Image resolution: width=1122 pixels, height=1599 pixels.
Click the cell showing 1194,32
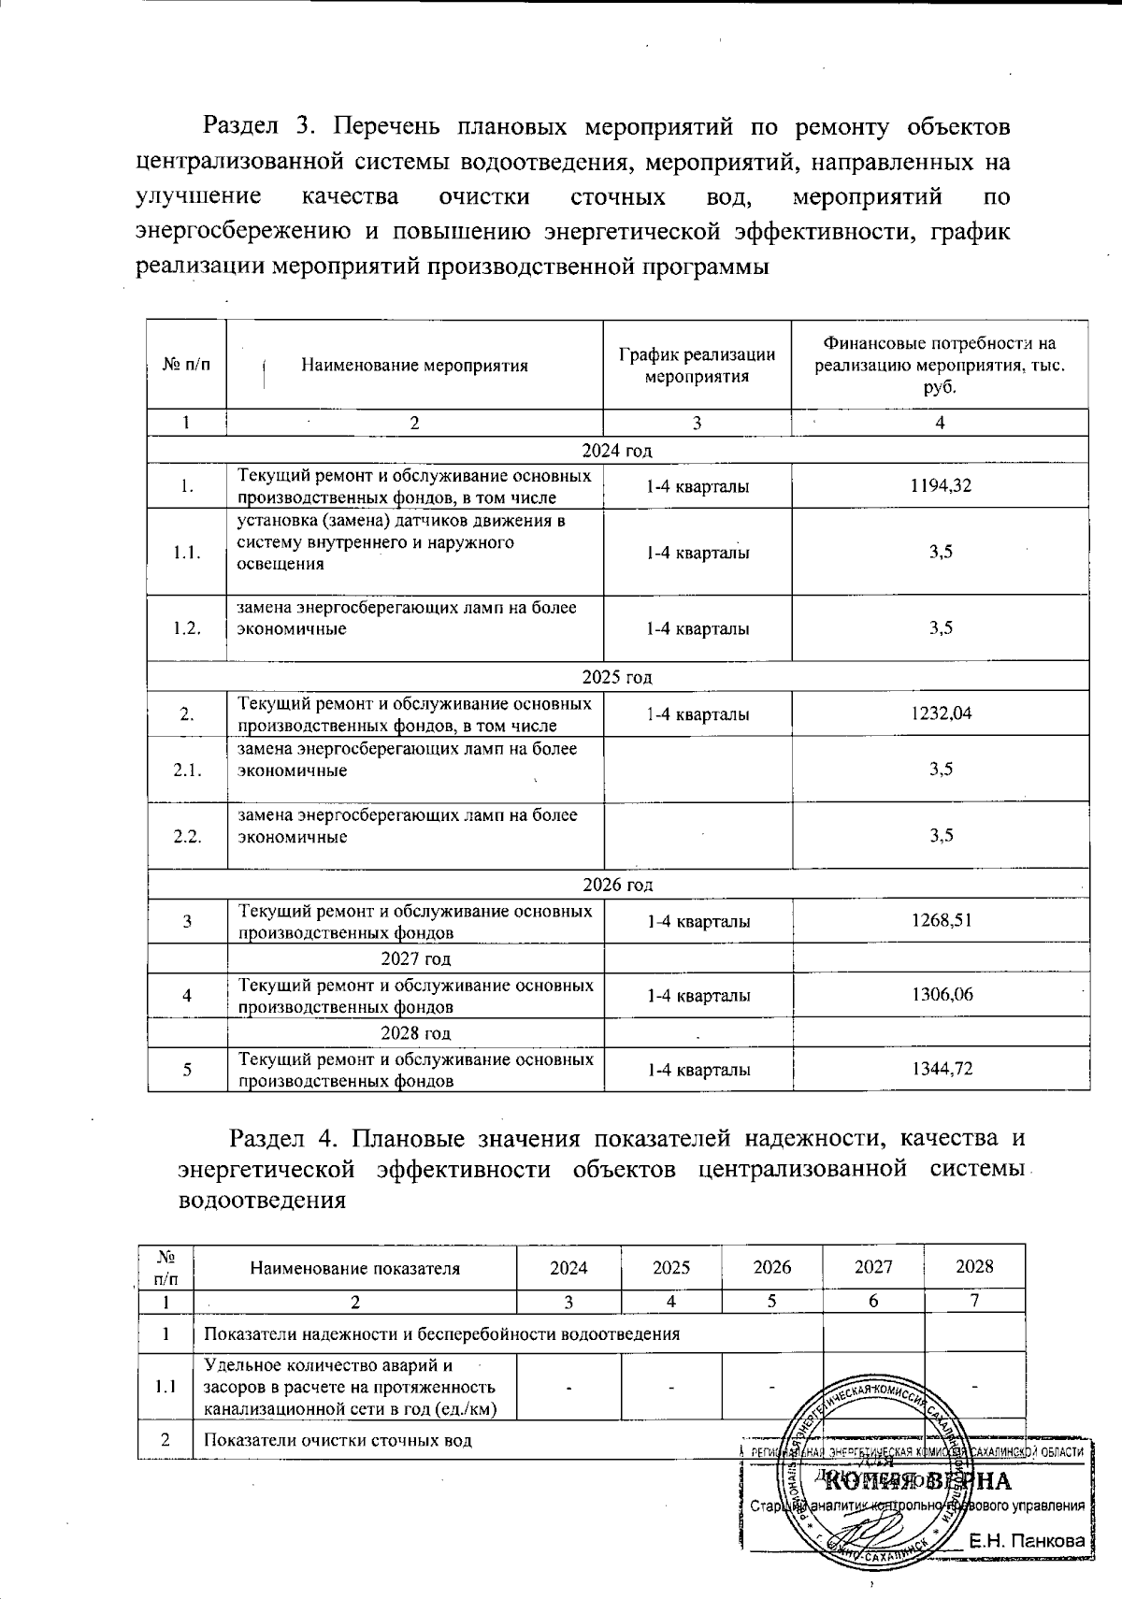click(940, 485)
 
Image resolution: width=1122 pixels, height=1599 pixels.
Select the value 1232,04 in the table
click(941, 713)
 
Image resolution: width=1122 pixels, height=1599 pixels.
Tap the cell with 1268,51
click(942, 920)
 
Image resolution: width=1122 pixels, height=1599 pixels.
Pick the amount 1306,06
click(942, 995)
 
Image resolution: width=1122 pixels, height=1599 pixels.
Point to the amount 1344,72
click(942, 1069)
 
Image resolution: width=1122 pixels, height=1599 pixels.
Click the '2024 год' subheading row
click(616, 451)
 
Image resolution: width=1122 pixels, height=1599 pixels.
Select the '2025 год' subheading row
click(616, 677)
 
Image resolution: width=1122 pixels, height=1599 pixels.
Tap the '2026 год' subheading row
click(616, 885)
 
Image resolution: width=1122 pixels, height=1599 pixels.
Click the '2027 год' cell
click(416, 958)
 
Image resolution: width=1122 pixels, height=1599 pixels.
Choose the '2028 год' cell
click(416, 1032)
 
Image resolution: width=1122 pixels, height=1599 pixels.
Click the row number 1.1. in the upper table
click(187, 553)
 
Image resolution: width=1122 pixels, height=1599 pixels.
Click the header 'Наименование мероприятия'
click(414, 366)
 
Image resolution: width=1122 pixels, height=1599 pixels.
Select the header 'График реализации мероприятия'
click(697, 366)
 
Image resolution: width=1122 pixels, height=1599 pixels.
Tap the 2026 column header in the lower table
click(771, 1268)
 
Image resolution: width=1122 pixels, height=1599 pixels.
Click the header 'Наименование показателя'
click(355, 1269)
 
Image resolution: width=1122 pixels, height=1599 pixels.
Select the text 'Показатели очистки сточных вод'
click(338, 1440)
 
